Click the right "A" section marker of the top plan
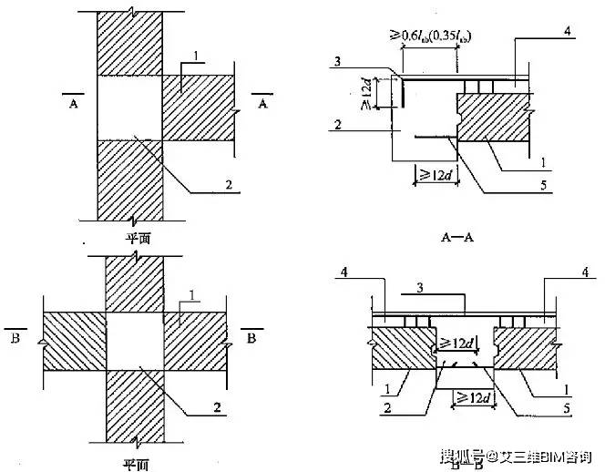coord(264,102)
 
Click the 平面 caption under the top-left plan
coord(138,236)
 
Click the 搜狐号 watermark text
coord(460,454)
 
